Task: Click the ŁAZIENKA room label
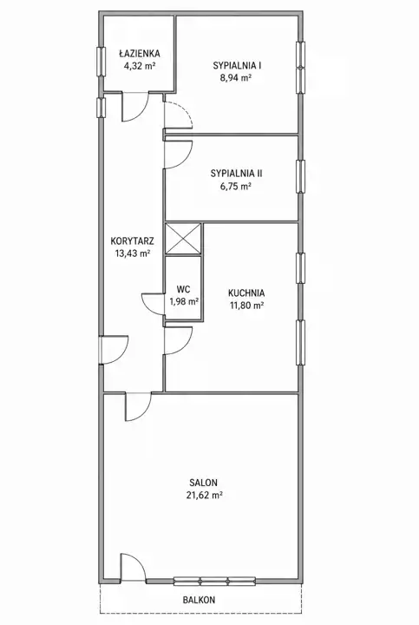140,53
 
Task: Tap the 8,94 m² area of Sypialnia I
236,78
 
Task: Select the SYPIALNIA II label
236,174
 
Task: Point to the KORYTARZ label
132,240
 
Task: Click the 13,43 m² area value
132,253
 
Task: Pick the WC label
184,289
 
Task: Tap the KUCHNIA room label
246,293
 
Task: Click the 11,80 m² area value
246,306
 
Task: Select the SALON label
204,483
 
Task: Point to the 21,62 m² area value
204,496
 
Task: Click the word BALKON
199,600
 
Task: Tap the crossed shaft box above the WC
183,239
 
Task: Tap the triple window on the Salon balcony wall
214,581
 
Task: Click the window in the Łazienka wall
101,61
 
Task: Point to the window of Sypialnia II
301,176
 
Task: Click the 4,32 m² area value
140,66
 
